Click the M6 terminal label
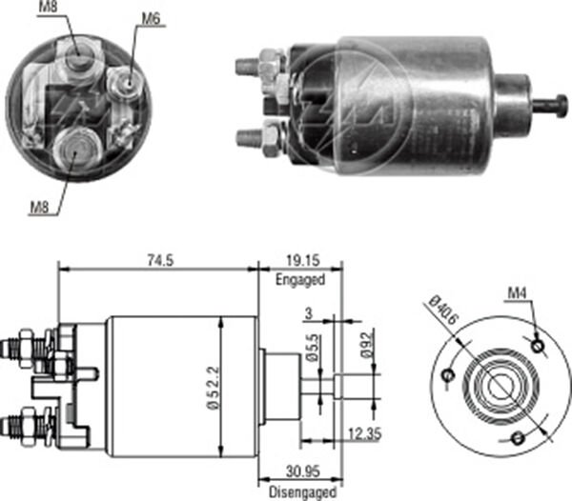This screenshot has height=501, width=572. pyautogui.click(x=150, y=19)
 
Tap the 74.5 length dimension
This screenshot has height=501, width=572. pyautogui.click(x=159, y=257)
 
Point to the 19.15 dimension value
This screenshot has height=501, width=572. pyautogui.click(x=299, y=257)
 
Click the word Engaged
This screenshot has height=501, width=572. pyautogui.click(x=299, y=280)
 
